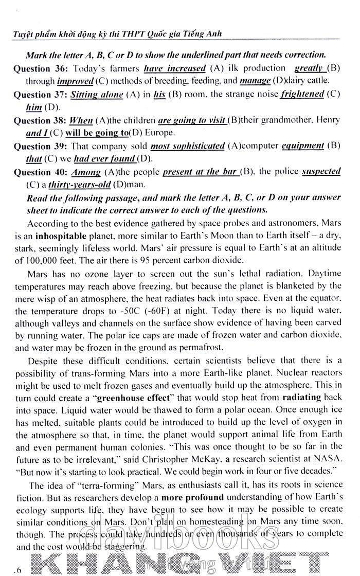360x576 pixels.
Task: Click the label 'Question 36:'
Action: pyautogui.click(x=40, y=68)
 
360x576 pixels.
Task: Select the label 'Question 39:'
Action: pyautogui.click(x=40, y=146)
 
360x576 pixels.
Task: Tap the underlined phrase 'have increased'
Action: pyautogui.click(x=175, y=68)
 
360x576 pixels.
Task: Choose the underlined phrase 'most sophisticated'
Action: pyautogui.click(x=187, y=146)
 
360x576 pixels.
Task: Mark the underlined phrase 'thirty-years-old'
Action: pyautogui.click(x=80, y=184)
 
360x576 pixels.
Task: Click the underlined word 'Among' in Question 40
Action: pyautogui.click(x=86, y=172)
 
